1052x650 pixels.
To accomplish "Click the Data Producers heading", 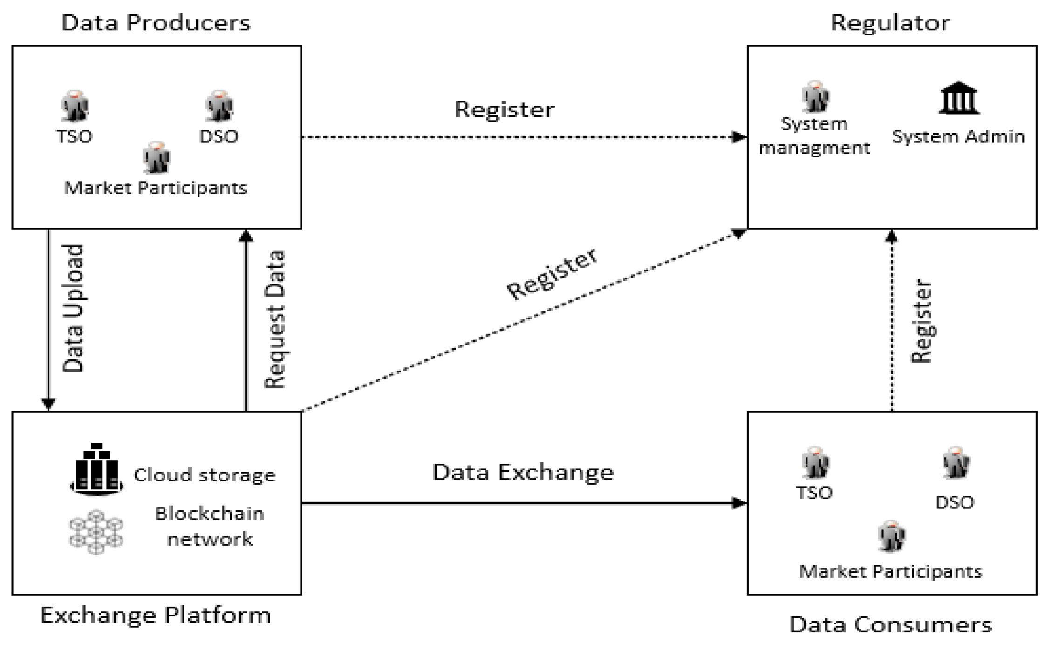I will point(156,23).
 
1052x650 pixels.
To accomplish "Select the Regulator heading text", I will point(890,23).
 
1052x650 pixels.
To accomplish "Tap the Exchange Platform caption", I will point(156,615).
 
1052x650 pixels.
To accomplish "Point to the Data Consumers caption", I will point(890,624).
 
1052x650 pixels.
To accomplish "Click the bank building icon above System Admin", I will point(958,99).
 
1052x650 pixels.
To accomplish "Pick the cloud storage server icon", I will point(97,469).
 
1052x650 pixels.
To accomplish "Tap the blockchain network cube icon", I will point(96,531).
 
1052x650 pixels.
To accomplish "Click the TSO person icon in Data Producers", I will point(75,106).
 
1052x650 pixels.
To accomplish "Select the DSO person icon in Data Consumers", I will point(955,463).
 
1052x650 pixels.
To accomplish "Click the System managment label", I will point(814,136).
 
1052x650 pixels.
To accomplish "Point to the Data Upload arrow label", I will point(73,308).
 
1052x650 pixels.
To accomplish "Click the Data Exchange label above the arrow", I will point(523,472).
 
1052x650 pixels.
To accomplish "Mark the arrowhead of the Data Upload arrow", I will point(48,404).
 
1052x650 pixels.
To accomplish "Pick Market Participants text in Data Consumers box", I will point(890,571).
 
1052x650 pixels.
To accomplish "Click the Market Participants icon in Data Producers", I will point(156,157).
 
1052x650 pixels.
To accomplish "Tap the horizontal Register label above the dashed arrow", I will point(504,109).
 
